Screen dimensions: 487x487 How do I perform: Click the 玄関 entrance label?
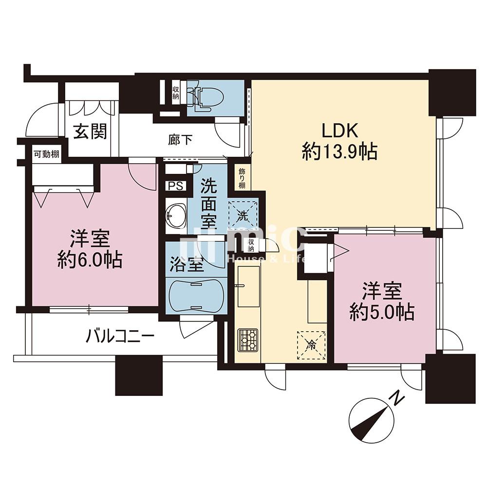pyautogui.click(x=91, y=131)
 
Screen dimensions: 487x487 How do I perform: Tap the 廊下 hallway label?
pyautogui.click(x=180, y=140)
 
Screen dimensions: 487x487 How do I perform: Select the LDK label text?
pyautogui.click(x=340, y=131)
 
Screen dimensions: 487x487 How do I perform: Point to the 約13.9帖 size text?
pyautogui.click(x=340, y=151)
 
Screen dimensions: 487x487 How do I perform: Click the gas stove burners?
pyautogui.click(x=248, y=340)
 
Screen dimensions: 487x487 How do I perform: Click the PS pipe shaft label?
pyautogui.click(x=175, y=186)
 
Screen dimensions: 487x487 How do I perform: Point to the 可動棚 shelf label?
pyautogui.click(x=47, y=154)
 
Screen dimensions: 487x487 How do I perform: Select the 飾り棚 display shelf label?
pyautogui.click(x=242, y=179)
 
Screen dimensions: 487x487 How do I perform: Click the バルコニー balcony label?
pyautogui.click(x=120, y=336)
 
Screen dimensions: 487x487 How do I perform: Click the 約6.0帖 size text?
pyautogui.click(x=90, y=260)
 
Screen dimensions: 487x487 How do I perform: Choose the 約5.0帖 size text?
pyautogui.click(x=382, y=312)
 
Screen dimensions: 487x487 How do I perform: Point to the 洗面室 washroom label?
pyautogui.click(x=208, y=204)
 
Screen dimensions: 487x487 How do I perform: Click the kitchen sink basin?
pyautogui.click(x=248, y=287)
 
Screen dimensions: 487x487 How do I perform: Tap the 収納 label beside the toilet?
pyautogui.click(x=176, y=93)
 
